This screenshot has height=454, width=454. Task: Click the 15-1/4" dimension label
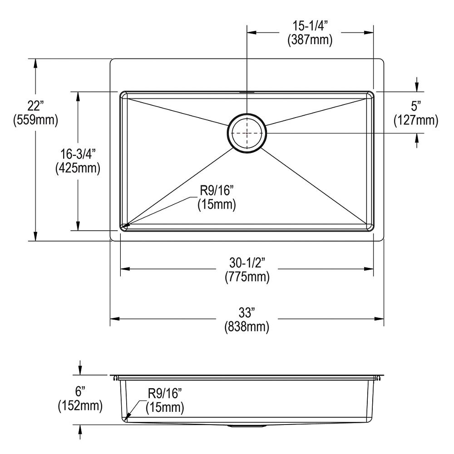[310, 26]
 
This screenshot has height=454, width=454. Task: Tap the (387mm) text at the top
[310, 39]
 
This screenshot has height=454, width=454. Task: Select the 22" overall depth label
[35, 106]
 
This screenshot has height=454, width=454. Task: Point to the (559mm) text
[35, 119]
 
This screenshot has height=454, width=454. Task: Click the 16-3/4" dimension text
[78, 154]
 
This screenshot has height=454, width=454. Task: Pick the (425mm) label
[78, 168]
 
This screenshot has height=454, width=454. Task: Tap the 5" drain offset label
[416, 106]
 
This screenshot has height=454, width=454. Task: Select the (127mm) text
[416, 120]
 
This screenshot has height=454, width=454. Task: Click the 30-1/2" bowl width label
[247, 263]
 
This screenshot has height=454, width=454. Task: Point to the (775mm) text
[247, 277]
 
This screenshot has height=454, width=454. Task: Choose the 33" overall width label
[247, 313]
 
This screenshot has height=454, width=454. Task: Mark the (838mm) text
[247, 326]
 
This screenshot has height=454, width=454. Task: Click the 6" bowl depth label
[80, 392]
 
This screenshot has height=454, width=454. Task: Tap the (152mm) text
[80, 405]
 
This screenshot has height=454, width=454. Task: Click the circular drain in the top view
[247, 133]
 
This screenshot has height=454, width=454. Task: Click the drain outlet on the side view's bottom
[247, 426]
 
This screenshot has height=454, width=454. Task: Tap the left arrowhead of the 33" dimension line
[115, 319]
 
